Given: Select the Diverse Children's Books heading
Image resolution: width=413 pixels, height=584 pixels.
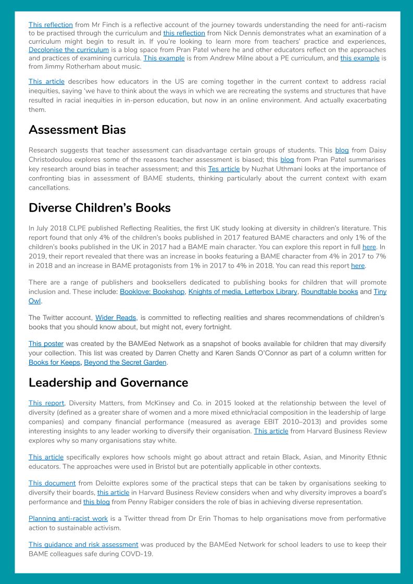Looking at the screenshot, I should click(x=99, y=207).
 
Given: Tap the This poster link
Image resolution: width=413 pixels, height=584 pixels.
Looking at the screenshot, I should click(x=46, y=344).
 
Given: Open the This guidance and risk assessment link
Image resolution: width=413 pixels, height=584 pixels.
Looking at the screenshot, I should click(x=83, y=544).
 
